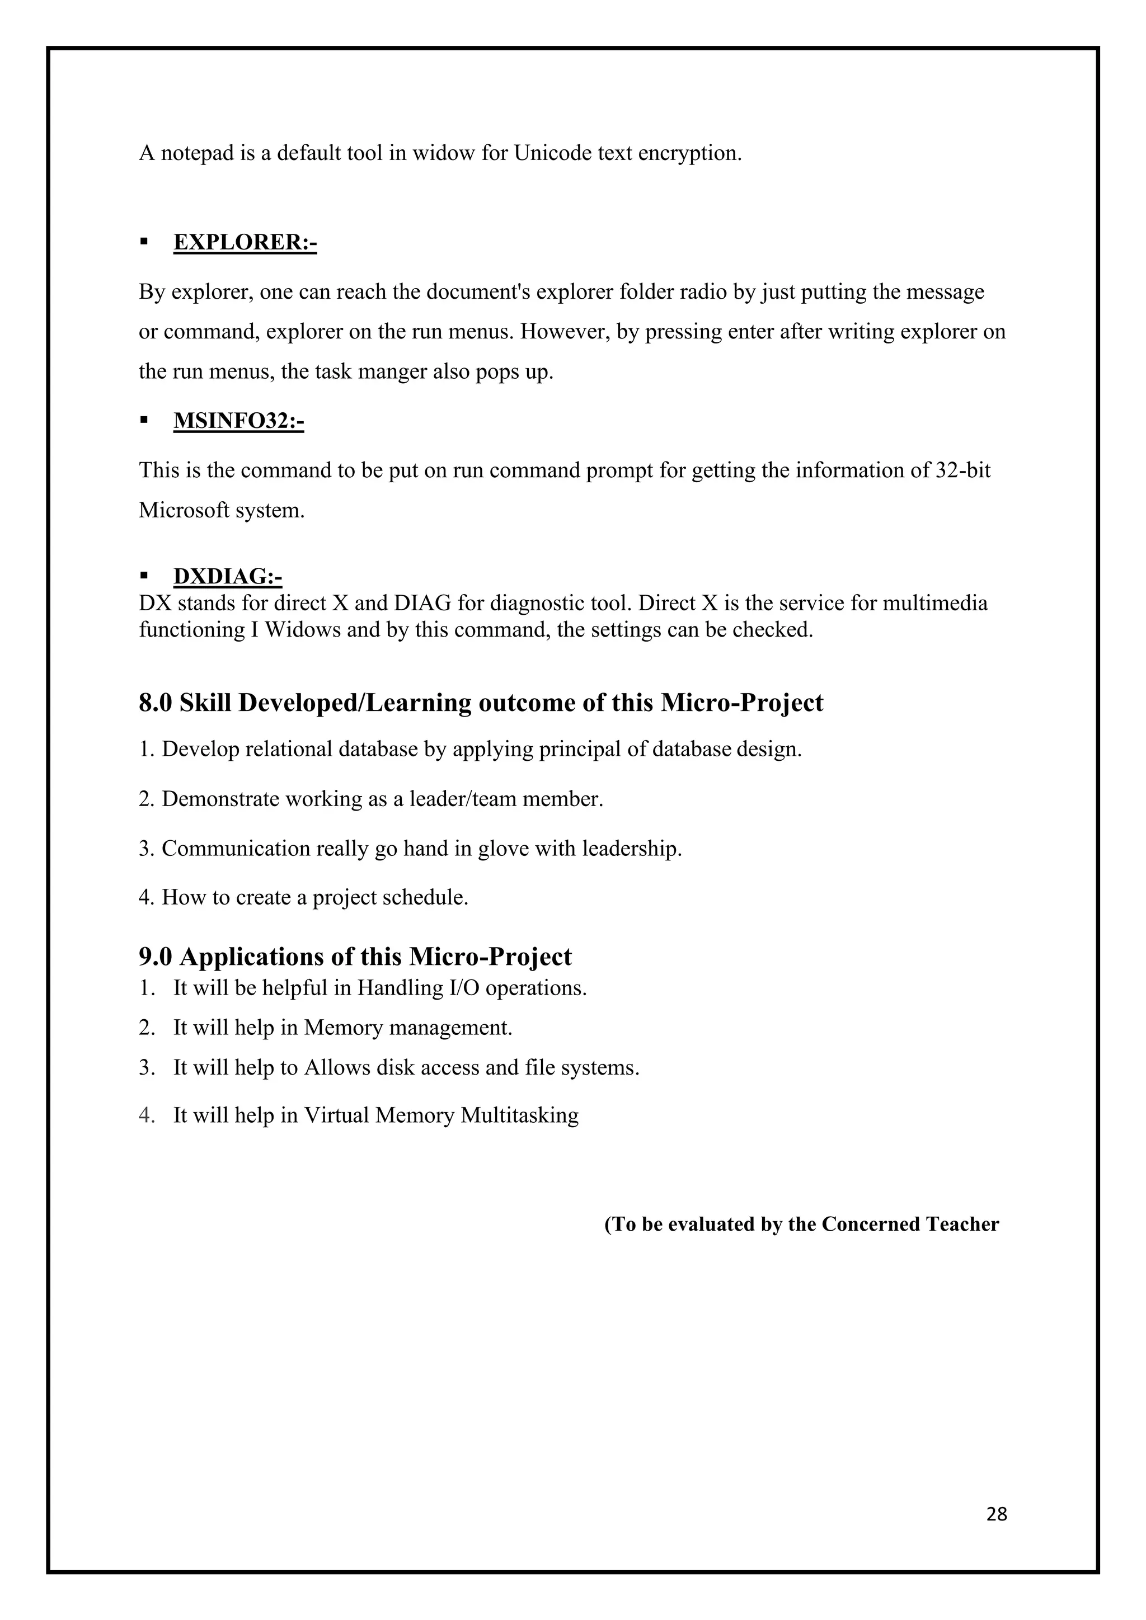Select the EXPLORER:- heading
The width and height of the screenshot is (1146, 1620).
point(245,242)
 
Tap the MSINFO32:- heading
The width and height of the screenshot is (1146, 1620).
point(238,421)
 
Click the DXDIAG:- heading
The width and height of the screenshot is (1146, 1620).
point(227,577)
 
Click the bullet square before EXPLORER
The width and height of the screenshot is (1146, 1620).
point(144,241)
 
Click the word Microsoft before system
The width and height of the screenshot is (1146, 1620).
point(184,510)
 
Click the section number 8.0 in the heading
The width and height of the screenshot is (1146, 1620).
point(155,703)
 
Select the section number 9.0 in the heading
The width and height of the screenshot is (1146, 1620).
point(155,957)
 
